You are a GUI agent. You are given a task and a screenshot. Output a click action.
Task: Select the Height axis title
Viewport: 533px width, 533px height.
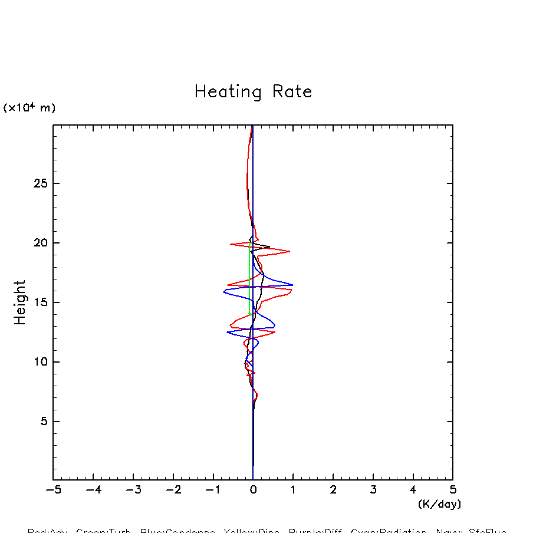click(x=20, y=302)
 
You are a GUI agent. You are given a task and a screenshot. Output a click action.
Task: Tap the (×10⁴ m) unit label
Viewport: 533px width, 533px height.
click(x=29, y=108)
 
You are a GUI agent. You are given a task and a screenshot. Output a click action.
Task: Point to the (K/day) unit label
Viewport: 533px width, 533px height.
click(x=439, y=504)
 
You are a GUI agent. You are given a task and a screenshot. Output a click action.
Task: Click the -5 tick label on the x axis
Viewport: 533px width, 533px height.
click(x=53, y=490)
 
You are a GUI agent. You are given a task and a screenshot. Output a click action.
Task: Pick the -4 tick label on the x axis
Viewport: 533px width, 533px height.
click(x=93, y=490)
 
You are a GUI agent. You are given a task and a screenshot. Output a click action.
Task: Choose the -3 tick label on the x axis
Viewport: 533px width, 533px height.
click(x=133, y=490)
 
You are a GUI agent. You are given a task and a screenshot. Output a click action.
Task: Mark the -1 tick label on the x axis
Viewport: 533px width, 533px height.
click(x=213, y=490)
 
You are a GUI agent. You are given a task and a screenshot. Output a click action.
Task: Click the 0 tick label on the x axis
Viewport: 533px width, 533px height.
click(x=253, y=490)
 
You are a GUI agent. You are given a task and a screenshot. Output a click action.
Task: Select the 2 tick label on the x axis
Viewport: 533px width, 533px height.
click(x=333, y=490)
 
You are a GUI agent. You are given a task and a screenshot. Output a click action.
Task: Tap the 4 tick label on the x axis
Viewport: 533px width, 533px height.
click(x=413, y=490)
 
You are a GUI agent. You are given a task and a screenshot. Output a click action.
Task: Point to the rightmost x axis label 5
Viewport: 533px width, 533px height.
click(x=453, y=490)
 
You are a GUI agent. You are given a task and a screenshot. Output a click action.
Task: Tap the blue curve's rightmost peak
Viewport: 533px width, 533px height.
click(x=292, y=285)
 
